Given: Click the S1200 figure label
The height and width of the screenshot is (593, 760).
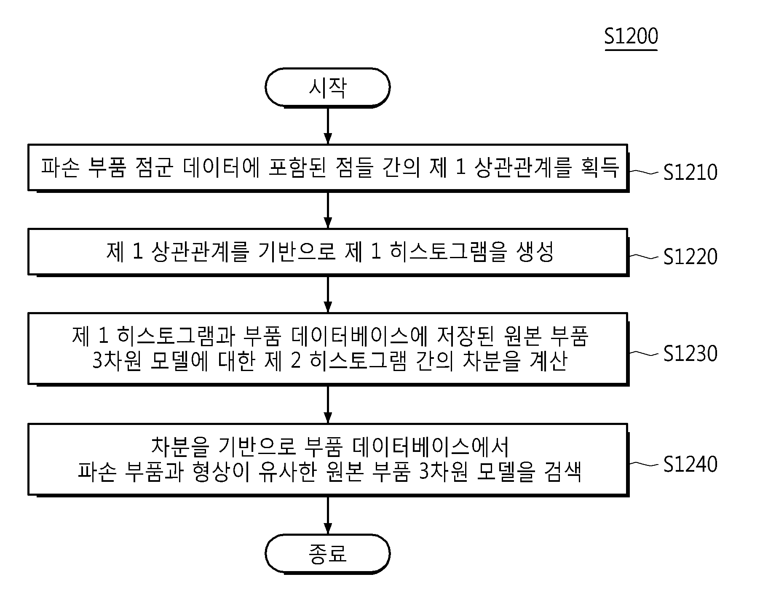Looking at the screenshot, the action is click(x=631, y=37).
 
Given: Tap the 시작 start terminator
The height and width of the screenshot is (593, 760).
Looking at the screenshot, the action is click(x=328, y=88).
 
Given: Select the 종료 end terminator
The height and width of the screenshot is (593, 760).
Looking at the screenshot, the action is click(x=328, y=554).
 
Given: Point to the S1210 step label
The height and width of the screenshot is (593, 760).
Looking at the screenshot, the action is click(x=690, y=172).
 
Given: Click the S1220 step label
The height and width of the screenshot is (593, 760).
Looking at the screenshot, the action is click(x=690, y=256).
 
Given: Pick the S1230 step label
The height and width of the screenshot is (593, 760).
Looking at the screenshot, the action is click(x=690, y=353).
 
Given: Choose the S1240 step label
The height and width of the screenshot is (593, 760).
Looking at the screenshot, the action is click(x=690, y=464).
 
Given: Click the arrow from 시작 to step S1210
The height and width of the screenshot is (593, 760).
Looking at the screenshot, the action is click(x=328, y=126).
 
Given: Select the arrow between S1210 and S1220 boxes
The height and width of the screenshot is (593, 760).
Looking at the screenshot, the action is click(x=328, y=210).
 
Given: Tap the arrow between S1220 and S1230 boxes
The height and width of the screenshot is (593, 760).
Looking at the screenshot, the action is click(x=328, y=294).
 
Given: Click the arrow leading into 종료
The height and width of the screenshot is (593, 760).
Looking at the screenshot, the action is click(x=328, y=516).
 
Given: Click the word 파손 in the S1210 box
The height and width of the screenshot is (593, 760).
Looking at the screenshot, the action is click(x=59, y=168).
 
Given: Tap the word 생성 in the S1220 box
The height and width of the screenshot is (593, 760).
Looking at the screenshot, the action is click(x=535, y=252).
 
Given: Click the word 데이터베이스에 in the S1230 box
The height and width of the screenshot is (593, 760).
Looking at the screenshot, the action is click(x=359, y=337).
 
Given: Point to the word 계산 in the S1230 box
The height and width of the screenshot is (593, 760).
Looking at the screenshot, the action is click(x=548, y=361).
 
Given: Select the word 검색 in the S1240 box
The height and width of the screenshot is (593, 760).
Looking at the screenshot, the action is click(x=562, y=471).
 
